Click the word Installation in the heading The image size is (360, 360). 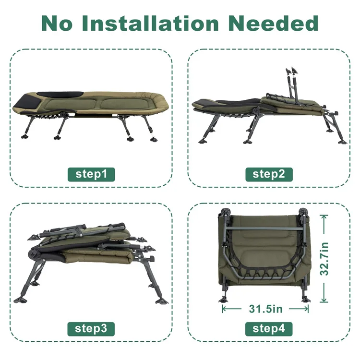pos(150,23)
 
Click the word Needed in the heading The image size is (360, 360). pos(274,23)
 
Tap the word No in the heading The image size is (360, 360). pos(57,23)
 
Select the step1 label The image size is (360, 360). pos(91,175)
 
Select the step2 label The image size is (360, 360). pos(269,175)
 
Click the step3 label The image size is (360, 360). pos(91,329)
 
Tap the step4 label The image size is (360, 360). pos(269,329)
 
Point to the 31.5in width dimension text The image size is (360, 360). pos(265,309)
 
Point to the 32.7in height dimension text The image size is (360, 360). pos(324,259)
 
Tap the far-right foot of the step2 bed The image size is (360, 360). pos(342,142)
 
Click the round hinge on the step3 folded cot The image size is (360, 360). pos(32,254)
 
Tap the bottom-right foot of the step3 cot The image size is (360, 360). pos(162,301)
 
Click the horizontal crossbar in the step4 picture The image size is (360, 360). pos(264,228)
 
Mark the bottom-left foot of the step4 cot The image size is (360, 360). pos(223,299)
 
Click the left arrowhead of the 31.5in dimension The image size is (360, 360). pos(223,309)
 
